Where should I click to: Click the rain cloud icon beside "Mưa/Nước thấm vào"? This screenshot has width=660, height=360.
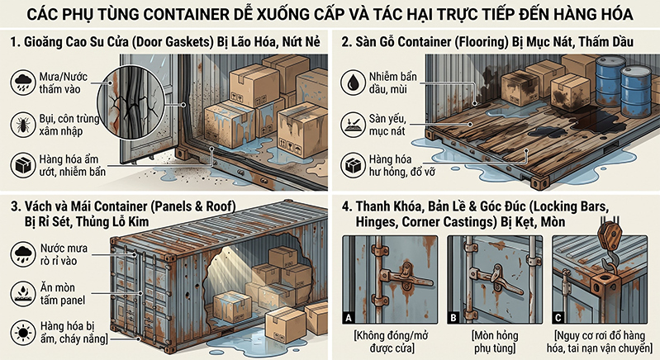coord(23,83)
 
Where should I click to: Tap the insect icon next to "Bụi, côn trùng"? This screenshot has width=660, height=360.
coord(23,125)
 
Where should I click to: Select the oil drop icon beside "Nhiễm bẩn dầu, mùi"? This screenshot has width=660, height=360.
coord(353,83)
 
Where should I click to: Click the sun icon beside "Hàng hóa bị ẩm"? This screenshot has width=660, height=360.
coord(23,332)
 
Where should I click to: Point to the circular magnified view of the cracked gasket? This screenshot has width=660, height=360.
coord(131,104)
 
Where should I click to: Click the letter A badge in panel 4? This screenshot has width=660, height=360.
coord(348,318)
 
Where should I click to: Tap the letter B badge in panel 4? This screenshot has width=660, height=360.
coord(453,318)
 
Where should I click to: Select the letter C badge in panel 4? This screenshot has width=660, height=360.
coord(558,318)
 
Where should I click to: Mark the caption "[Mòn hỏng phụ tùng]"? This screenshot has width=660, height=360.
coord(495,342)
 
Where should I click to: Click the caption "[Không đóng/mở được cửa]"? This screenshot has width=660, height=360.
coord(392,342)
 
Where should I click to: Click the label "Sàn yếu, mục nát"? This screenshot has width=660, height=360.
coord(387,125)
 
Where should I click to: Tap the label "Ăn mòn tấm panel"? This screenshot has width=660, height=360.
coord(62,294)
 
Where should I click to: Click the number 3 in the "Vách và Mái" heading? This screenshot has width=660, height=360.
coord(14,206)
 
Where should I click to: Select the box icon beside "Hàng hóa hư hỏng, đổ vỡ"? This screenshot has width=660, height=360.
coord(353,166)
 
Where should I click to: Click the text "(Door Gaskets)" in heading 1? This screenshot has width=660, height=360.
coord(173,42)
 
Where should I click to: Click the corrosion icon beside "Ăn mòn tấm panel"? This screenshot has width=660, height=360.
coord(23,294)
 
